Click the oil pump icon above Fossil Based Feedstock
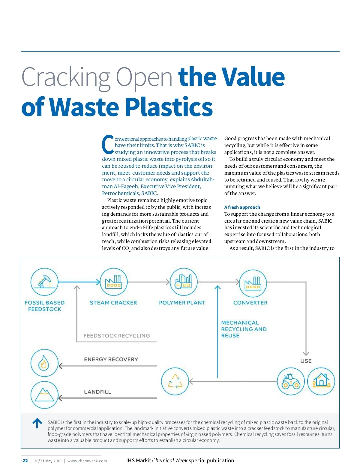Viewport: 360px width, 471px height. coord(44,282)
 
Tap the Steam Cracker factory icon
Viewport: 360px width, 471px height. coord(113,282)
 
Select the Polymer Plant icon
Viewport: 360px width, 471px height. coord(183,282)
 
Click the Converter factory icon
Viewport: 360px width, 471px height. coord(253,283)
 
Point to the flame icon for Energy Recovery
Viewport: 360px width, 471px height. coord(44,363)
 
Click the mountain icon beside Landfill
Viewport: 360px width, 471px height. coord(44,395)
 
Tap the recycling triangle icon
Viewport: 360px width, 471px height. coord(175,381)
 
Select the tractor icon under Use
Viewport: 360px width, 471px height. coord(291,381)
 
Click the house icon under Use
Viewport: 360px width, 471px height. coord(321,381)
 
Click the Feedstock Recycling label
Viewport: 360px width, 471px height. coord(117,336)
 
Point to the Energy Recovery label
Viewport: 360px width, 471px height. coord(111,359)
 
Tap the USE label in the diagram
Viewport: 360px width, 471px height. coord(306,361)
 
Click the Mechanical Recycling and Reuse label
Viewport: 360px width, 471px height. coord(244,329)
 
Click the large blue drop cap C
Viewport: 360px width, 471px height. coord(108,145)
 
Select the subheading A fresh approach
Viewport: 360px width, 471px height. coord(242,207)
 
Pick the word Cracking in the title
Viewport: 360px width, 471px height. coord(66,77)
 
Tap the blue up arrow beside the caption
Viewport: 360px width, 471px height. coord(37,423)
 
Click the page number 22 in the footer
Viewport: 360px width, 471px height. coord(25,461)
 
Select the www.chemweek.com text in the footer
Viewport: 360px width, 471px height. coord(87,461)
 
